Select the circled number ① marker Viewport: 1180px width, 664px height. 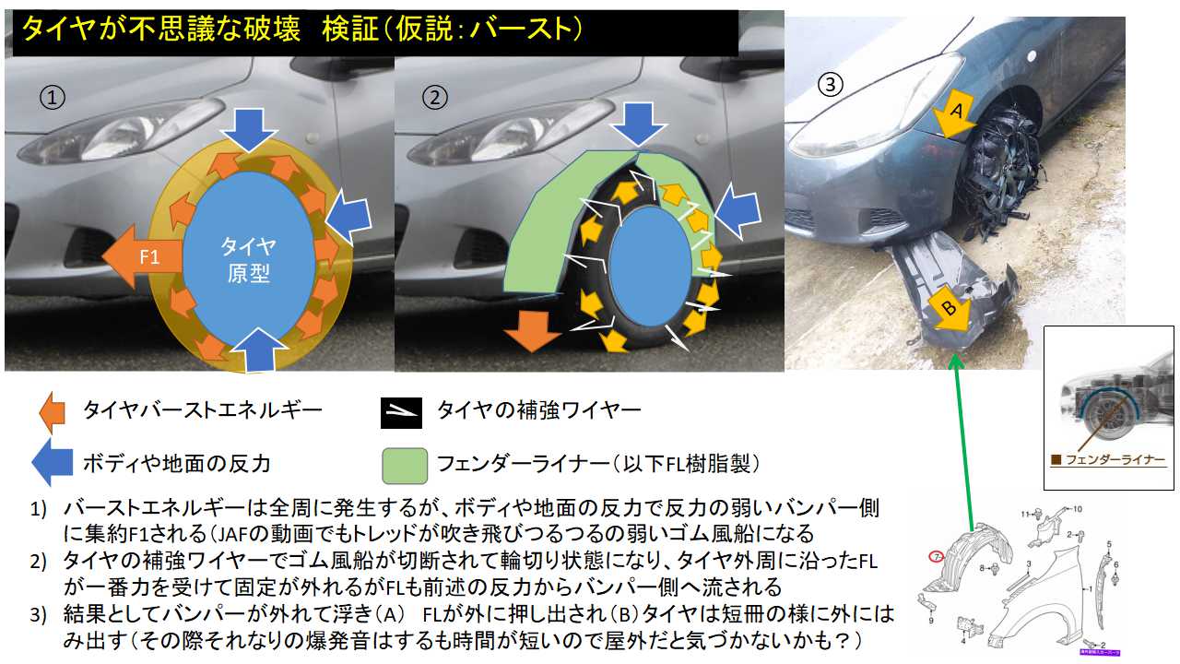(x=52, y=97)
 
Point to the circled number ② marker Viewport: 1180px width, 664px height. (x=433, y=97)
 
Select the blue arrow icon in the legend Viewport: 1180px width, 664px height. (x=53, y=461)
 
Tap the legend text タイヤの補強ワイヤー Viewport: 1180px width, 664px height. (x=538, y=410)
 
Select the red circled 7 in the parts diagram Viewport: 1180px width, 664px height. (x=935, y=557)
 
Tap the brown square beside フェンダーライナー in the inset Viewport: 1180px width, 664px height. (x=1056, y=458)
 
